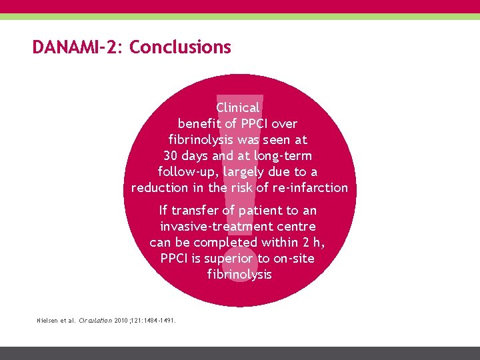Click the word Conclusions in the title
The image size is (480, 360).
tap(180, 47)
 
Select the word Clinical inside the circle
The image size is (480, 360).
tap(238, 107)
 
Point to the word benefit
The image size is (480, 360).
tap(199, 123)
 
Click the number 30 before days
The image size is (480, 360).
tap(171, 155)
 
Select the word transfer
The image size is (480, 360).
tap(197, 211)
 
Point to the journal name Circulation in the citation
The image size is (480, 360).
tap(95, 321)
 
